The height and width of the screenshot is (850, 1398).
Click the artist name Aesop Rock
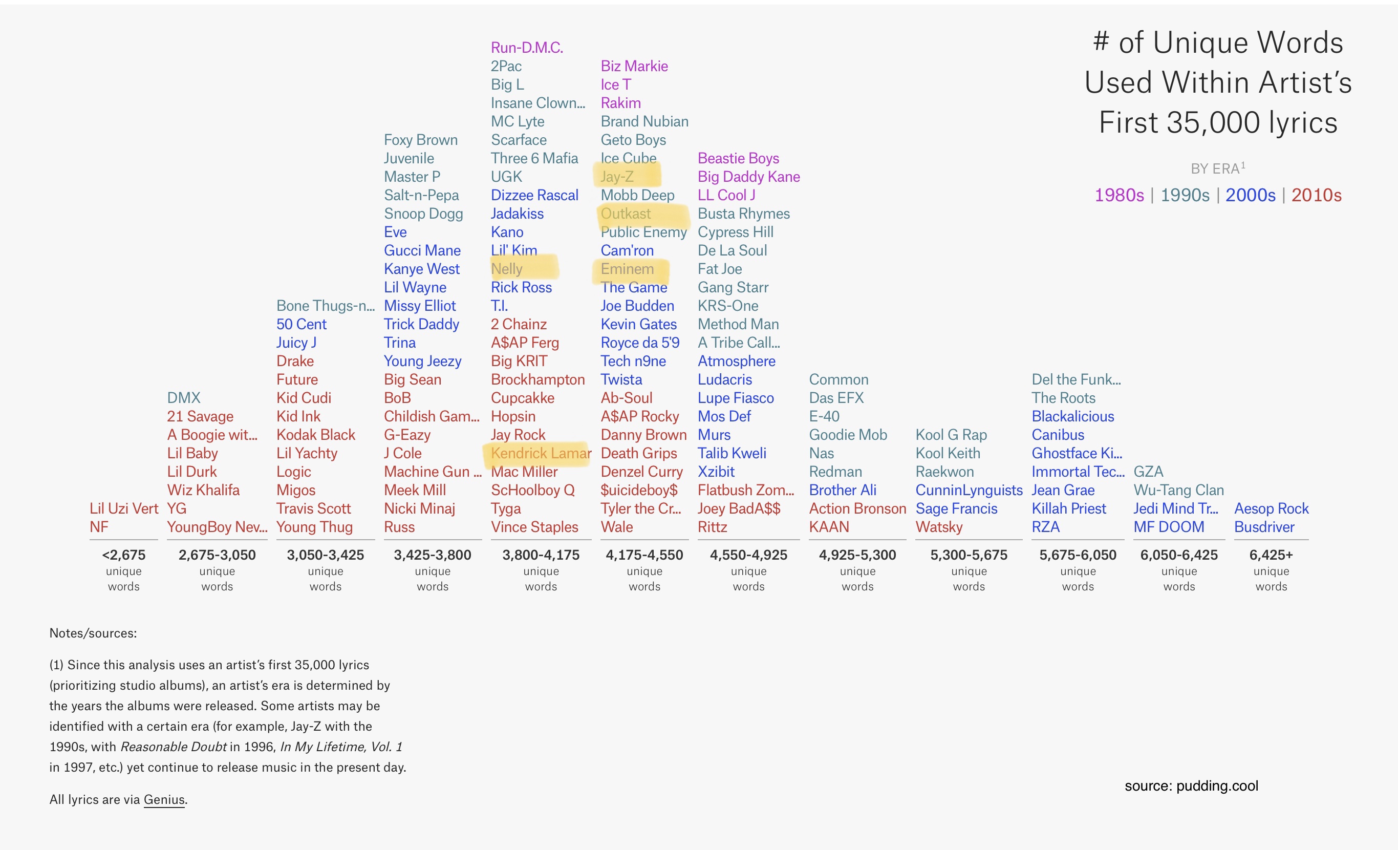tap(1271, 508)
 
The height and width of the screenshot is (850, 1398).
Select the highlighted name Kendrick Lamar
tap(540, 453)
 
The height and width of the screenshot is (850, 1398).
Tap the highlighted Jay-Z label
tap(617, 177)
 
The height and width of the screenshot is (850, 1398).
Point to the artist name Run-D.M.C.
tap(527, 48)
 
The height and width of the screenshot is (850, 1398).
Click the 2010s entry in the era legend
tap(1316, 195)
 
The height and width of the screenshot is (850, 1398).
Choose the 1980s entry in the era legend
tap(1119, 195)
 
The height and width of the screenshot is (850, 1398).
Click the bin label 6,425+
tap(1271, 555)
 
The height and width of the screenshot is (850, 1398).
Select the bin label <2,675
tap(124, 555)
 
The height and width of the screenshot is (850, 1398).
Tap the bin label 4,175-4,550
tap(644, 555)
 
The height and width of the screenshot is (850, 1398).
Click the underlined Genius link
tap(164, 799)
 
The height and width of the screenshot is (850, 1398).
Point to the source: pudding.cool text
tap(1191, 786)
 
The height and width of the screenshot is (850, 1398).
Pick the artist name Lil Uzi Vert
tap(124, 508)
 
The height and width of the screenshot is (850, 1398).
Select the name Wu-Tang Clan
tap(1178, 490)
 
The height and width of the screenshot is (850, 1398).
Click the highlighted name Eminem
tap(627, 269)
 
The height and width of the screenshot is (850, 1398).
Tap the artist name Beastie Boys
tap(738, 158)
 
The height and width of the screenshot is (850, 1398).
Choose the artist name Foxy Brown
tap(420, 140)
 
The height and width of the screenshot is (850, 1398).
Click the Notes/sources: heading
tap(93, 633)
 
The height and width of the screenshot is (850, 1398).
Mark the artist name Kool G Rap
tap(951, 435)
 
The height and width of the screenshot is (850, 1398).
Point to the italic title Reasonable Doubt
tap(174, 747)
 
